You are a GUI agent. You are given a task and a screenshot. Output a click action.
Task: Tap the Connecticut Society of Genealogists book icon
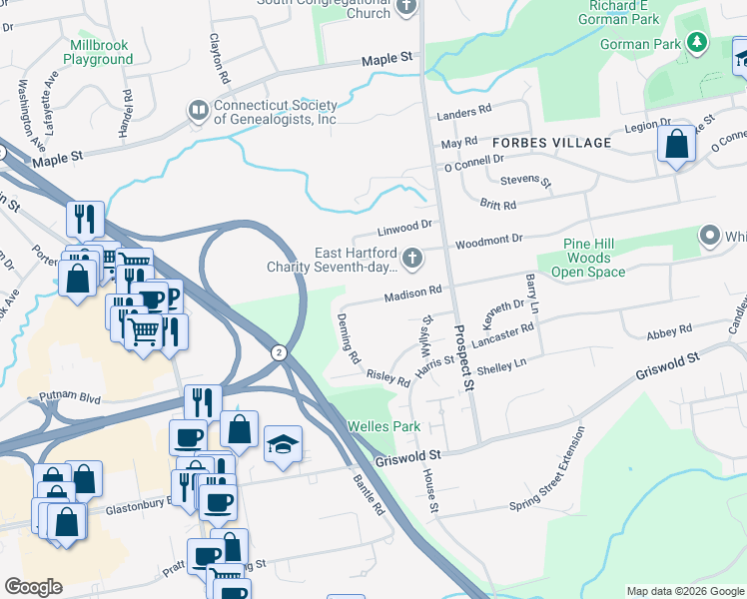[199, 110]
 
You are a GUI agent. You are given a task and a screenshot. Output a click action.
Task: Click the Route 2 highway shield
[279, 352]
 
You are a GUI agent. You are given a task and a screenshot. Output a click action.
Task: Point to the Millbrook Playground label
[98, 53]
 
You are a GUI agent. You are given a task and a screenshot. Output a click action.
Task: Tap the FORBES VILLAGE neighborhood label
[550, 143]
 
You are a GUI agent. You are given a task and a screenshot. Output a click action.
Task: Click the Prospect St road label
[462, 357]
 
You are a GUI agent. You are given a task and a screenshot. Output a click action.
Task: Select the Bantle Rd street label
[369, 494]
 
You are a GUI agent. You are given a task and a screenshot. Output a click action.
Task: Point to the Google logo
[33, 587]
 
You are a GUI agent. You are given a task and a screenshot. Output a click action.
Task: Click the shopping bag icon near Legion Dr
[677, 144]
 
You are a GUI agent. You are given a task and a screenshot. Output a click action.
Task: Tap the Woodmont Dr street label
[489, 241]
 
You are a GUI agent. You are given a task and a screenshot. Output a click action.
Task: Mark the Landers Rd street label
[465, 110]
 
